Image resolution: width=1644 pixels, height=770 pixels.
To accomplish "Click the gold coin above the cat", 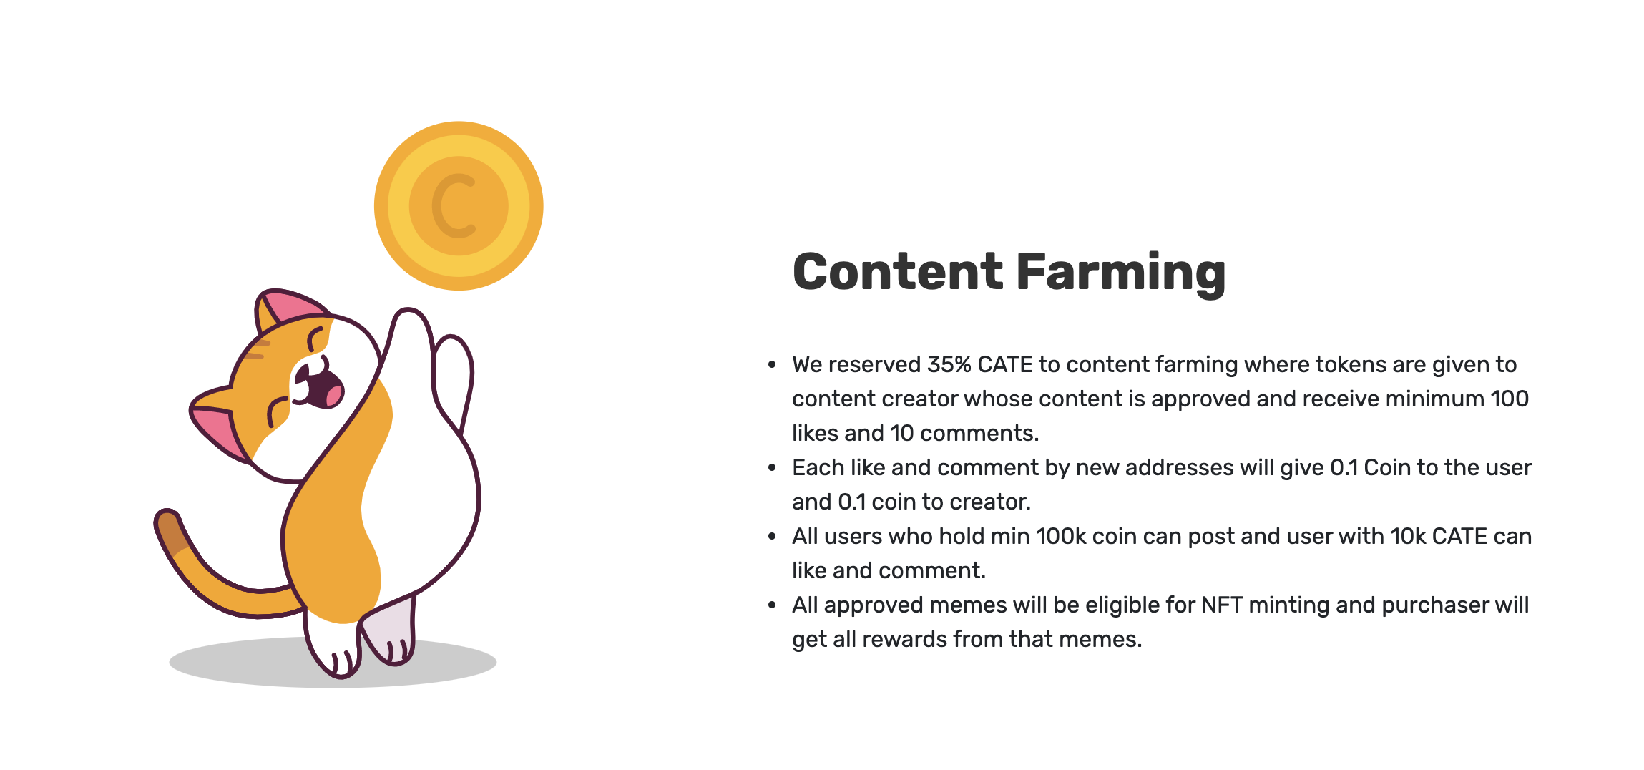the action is pos(459,206).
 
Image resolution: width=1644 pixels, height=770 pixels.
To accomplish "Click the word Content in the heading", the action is pos(899,272).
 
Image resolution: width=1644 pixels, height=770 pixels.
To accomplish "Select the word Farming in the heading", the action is pos(1120,273).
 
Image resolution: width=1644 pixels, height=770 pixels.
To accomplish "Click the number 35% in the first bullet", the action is pos(949,364).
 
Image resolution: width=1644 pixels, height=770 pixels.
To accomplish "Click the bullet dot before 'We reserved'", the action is pos(772,365).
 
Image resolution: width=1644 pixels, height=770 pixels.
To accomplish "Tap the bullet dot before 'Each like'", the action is pos(772,468).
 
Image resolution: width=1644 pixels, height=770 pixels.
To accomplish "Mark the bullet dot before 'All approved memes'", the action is pos(772,605).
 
